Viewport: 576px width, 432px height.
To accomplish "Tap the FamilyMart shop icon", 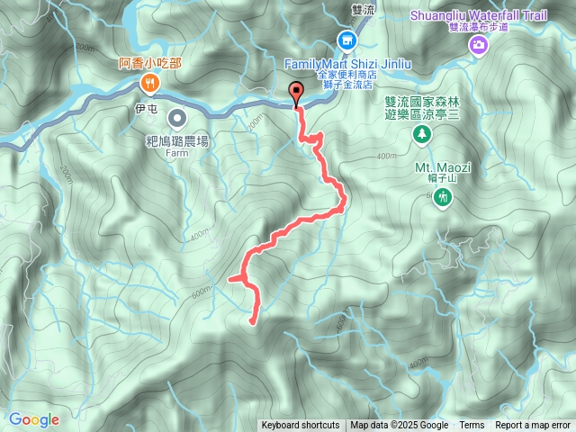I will [346, 40].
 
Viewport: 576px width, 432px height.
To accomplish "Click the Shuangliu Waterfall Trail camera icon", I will [478, 43].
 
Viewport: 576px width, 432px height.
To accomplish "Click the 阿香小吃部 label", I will [149, 63].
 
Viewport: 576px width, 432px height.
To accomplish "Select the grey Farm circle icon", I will [177, 117].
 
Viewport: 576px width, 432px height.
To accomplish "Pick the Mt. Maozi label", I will [437, 167].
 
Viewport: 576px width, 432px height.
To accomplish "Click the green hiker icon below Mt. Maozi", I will [441, 197].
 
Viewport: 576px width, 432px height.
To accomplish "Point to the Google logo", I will [33, 419].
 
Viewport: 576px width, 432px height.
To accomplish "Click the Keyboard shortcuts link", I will [301, 426].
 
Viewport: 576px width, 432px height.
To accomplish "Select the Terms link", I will [472, 426].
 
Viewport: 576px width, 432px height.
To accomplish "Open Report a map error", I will [533, 426].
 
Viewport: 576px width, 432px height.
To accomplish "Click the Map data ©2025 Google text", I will [399, 426].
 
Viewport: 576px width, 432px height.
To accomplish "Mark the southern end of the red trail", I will [251, 319].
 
